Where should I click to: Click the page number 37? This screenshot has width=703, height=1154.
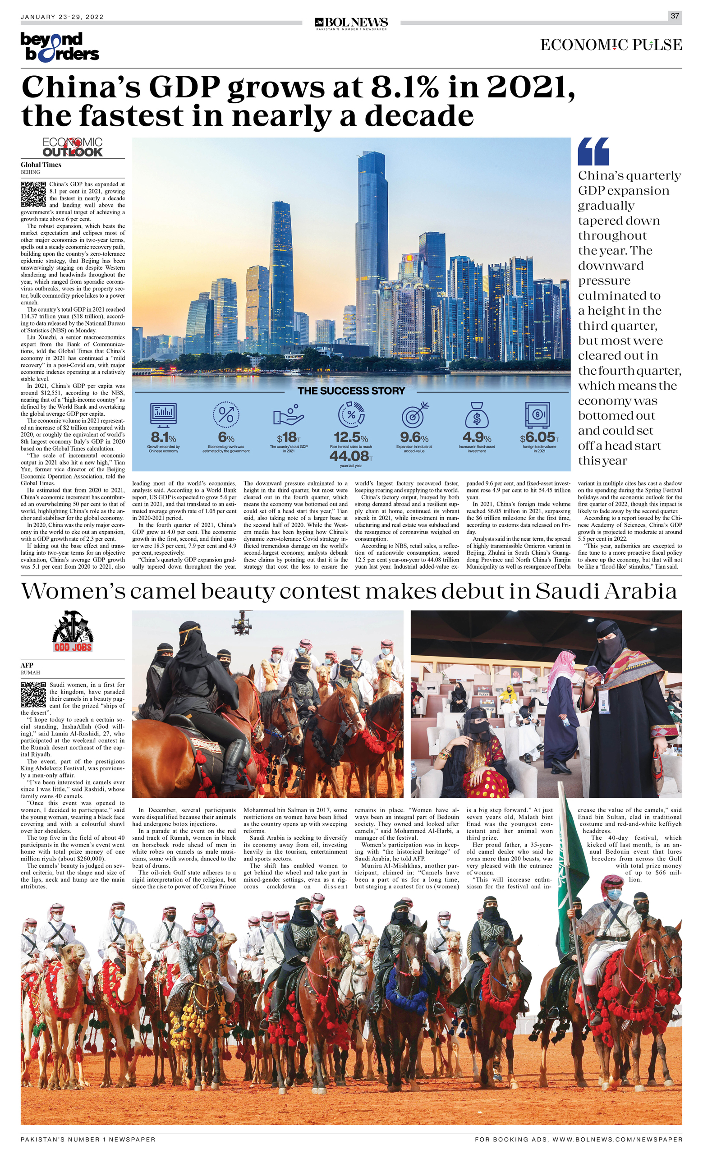point(675,16)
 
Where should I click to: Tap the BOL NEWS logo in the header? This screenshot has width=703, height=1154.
point(351,23)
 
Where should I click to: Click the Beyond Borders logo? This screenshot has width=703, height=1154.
point(60,47)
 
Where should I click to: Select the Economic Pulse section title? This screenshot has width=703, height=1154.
point(611,45)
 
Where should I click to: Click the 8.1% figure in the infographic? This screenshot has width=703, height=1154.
point(163,437)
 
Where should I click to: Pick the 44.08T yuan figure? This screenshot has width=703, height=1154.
point(351,455)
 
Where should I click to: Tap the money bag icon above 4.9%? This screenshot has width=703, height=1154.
point(476,415)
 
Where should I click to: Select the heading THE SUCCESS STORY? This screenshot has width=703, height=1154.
point(351,391)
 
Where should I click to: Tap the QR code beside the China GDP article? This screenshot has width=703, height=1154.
point(33,194)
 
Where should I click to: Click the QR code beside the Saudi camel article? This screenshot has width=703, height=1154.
point(33,694)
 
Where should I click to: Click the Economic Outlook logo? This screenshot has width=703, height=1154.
point(73,147)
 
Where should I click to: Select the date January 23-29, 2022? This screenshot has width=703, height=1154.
point(62,17)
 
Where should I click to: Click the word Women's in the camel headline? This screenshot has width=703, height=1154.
point(72,592)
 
